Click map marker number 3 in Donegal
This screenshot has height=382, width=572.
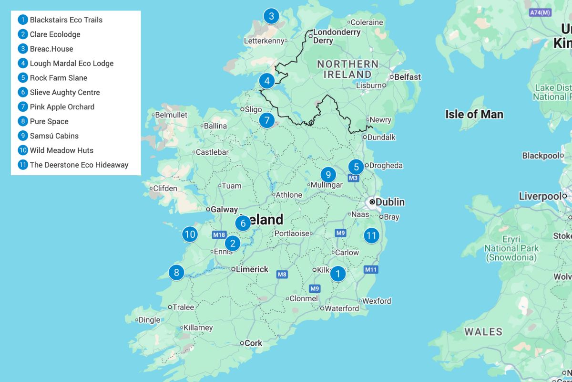271,16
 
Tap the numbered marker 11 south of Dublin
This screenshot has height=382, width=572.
371,235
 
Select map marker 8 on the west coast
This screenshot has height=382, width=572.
176,272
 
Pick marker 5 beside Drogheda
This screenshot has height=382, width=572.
356,167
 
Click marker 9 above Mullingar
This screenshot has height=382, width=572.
328,174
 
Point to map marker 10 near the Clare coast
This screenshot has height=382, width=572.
190,234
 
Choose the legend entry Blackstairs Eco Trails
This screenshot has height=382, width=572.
66,20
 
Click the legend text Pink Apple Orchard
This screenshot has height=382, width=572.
62,107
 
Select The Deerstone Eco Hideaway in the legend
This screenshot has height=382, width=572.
79,165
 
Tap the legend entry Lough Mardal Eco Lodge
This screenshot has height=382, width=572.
71,64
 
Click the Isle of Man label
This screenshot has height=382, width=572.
474,114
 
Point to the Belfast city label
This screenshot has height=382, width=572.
407,77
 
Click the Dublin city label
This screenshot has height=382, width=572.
390,202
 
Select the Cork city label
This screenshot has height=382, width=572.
253,343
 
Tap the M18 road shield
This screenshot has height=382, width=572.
219,235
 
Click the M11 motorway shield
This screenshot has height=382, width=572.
371,270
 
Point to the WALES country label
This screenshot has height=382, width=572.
483,332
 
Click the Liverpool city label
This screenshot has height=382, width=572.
540,196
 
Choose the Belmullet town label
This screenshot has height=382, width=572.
171,115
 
